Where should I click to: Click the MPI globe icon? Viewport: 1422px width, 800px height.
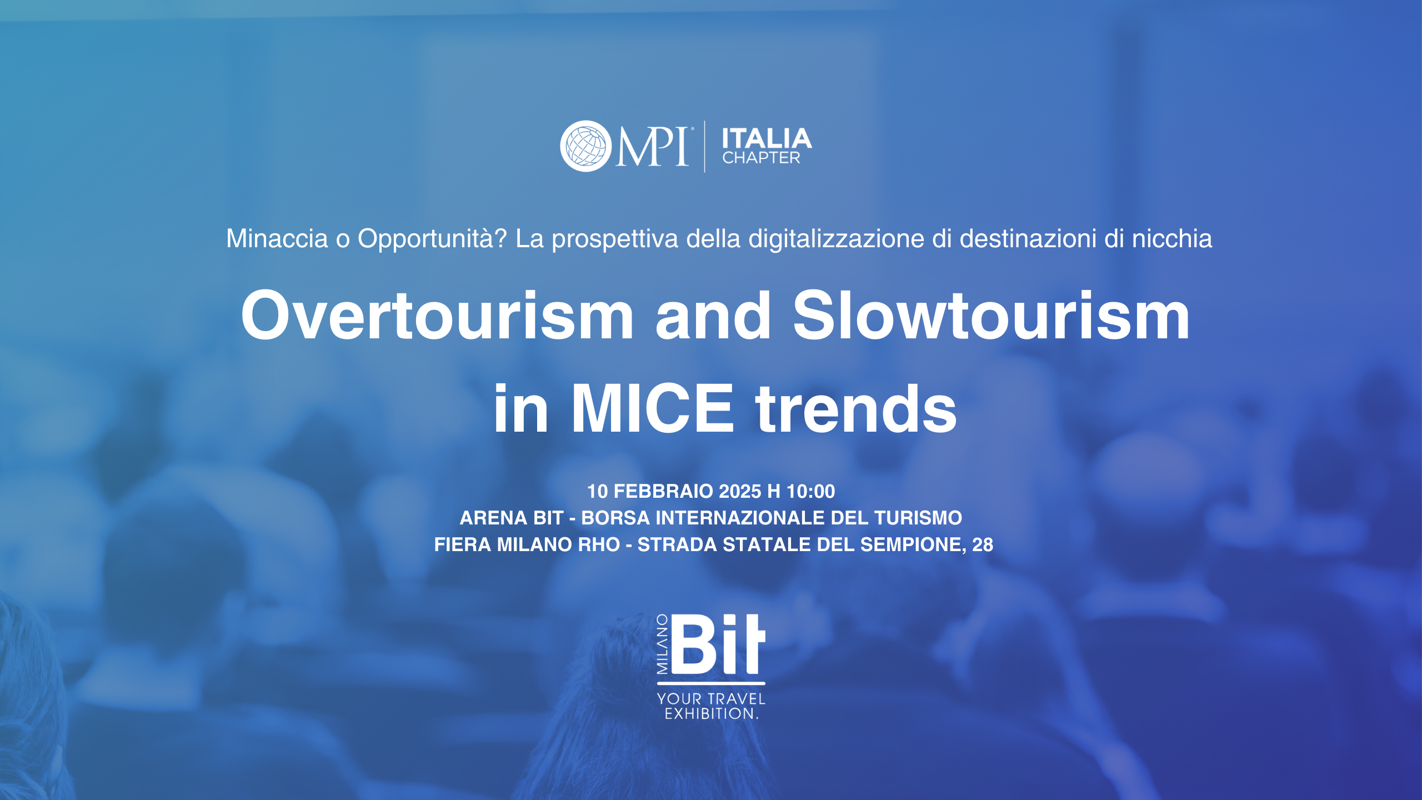pyautogui.click(x=585, y=146)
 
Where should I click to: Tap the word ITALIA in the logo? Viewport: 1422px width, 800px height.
pyautogui.click(x=767, y=138)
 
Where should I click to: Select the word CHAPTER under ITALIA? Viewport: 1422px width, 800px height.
pyautogui.click(x=761, y=158)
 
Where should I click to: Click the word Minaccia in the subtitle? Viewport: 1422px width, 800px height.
pyautogui.click(x=277, y=238)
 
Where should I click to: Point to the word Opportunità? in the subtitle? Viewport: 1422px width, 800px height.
pyautogui.click(x=432, y=239)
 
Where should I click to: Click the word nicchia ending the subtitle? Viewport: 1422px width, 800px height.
pyautogui.click(x=1172, y=238)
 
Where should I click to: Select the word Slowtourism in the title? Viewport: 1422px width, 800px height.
pyautogui.click(x=991, y=315)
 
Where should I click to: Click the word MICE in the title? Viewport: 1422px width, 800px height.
pyautogui.click(x=653, y=408)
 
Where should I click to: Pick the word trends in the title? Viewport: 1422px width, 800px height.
pyautogui.click(x=856, y=408)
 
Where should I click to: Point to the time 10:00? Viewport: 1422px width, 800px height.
pyautogui.click(x=811, y=491)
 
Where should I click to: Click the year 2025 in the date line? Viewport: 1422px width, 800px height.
pyautogui.click(x=740, y=491)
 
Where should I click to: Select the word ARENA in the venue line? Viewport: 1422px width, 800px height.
pyautogui.click(x=493, y=518)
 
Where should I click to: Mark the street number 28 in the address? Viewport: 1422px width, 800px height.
pyautogui.click(x=983, y=544)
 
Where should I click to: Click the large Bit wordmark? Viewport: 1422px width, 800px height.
pyautogui.click(x=719, y=644)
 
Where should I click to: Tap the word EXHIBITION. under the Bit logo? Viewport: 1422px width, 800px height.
pyautogui.click(x=712, y=714)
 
